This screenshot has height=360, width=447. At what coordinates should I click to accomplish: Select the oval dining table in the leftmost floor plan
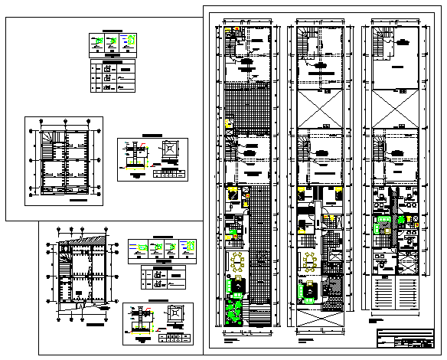coord(237,263)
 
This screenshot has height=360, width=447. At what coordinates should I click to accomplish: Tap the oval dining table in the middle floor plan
coord(311,263)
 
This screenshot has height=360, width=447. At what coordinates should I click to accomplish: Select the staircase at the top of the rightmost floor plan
coord(380,44)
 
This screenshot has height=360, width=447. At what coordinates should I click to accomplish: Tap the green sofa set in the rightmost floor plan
coord(380,224)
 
